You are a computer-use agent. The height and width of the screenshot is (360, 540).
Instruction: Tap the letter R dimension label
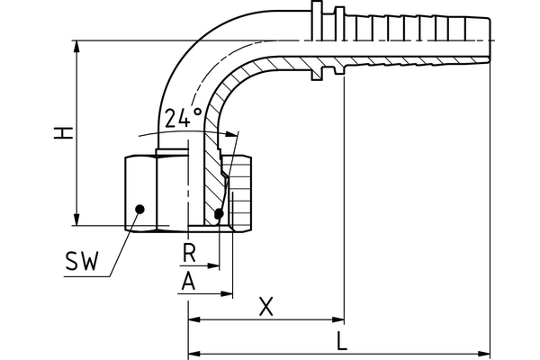click(x=189, y=253)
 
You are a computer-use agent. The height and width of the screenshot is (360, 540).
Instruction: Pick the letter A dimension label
click(x=188, y=281)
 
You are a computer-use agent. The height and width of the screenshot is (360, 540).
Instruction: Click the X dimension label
click(x=265, y=306)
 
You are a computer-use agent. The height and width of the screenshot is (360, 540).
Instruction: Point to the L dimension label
click(x=341, y=341)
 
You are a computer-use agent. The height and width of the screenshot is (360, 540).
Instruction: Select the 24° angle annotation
click(x=183, y=118)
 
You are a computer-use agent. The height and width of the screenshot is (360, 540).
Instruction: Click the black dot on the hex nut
click(x=139, y=210)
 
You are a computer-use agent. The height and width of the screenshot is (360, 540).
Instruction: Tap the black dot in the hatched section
click(x=220, y=214)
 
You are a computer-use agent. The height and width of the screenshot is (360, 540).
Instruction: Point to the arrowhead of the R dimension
click(x=214, y=266)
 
